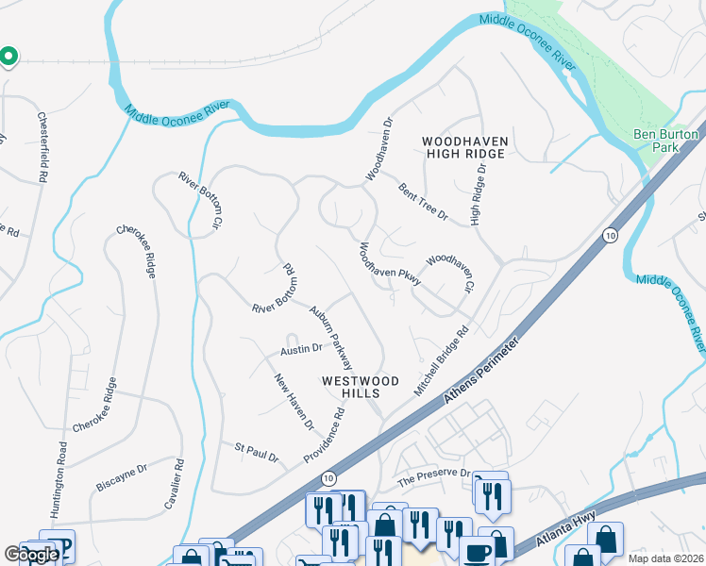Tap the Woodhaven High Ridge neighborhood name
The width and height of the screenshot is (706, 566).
pyautogui.click(x=466, y=147)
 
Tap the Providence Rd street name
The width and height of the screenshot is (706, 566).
pyautogui.click(x=325, y=434)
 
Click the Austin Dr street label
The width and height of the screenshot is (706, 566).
pyautogui.click(x=301, y=349)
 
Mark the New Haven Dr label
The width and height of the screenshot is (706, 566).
pyautogui.click(x=294, y=402)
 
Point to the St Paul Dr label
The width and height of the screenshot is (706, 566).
pyautogui.click(x=257, y=452)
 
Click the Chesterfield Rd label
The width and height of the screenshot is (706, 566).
pyautogui.click(x=43, y=147)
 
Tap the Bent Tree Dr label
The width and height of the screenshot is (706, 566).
pyautogui.click(x=421, y=202)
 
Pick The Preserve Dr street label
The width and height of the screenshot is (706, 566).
pyautogui.click(x=433, y=477)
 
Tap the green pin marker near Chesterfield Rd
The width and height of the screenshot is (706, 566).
pyautogui.click(x=8, y=58)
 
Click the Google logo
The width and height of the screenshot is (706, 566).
pyautogui.click(x=30, y=555)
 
